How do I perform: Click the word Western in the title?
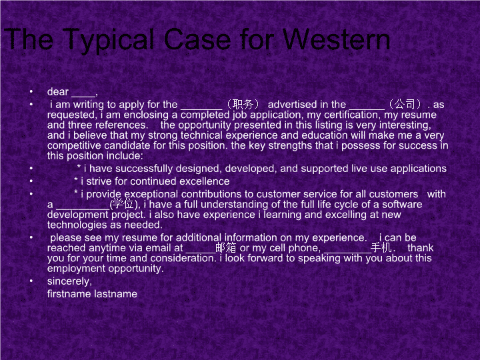tap(337, 39)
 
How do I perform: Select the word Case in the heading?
tap(197, 39)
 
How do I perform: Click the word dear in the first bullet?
tap(57, 91)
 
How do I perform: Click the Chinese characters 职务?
tap(243, 105)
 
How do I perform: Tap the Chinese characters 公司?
tap(405, 105)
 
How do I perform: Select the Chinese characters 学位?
tap(123, 204)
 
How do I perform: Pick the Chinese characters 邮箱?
tap(226, 247)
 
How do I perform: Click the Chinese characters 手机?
tap(381, 247)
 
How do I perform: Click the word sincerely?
tap(69, 281)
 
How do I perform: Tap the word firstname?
tap(69, 294)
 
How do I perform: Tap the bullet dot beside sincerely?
tap(31, 281)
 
